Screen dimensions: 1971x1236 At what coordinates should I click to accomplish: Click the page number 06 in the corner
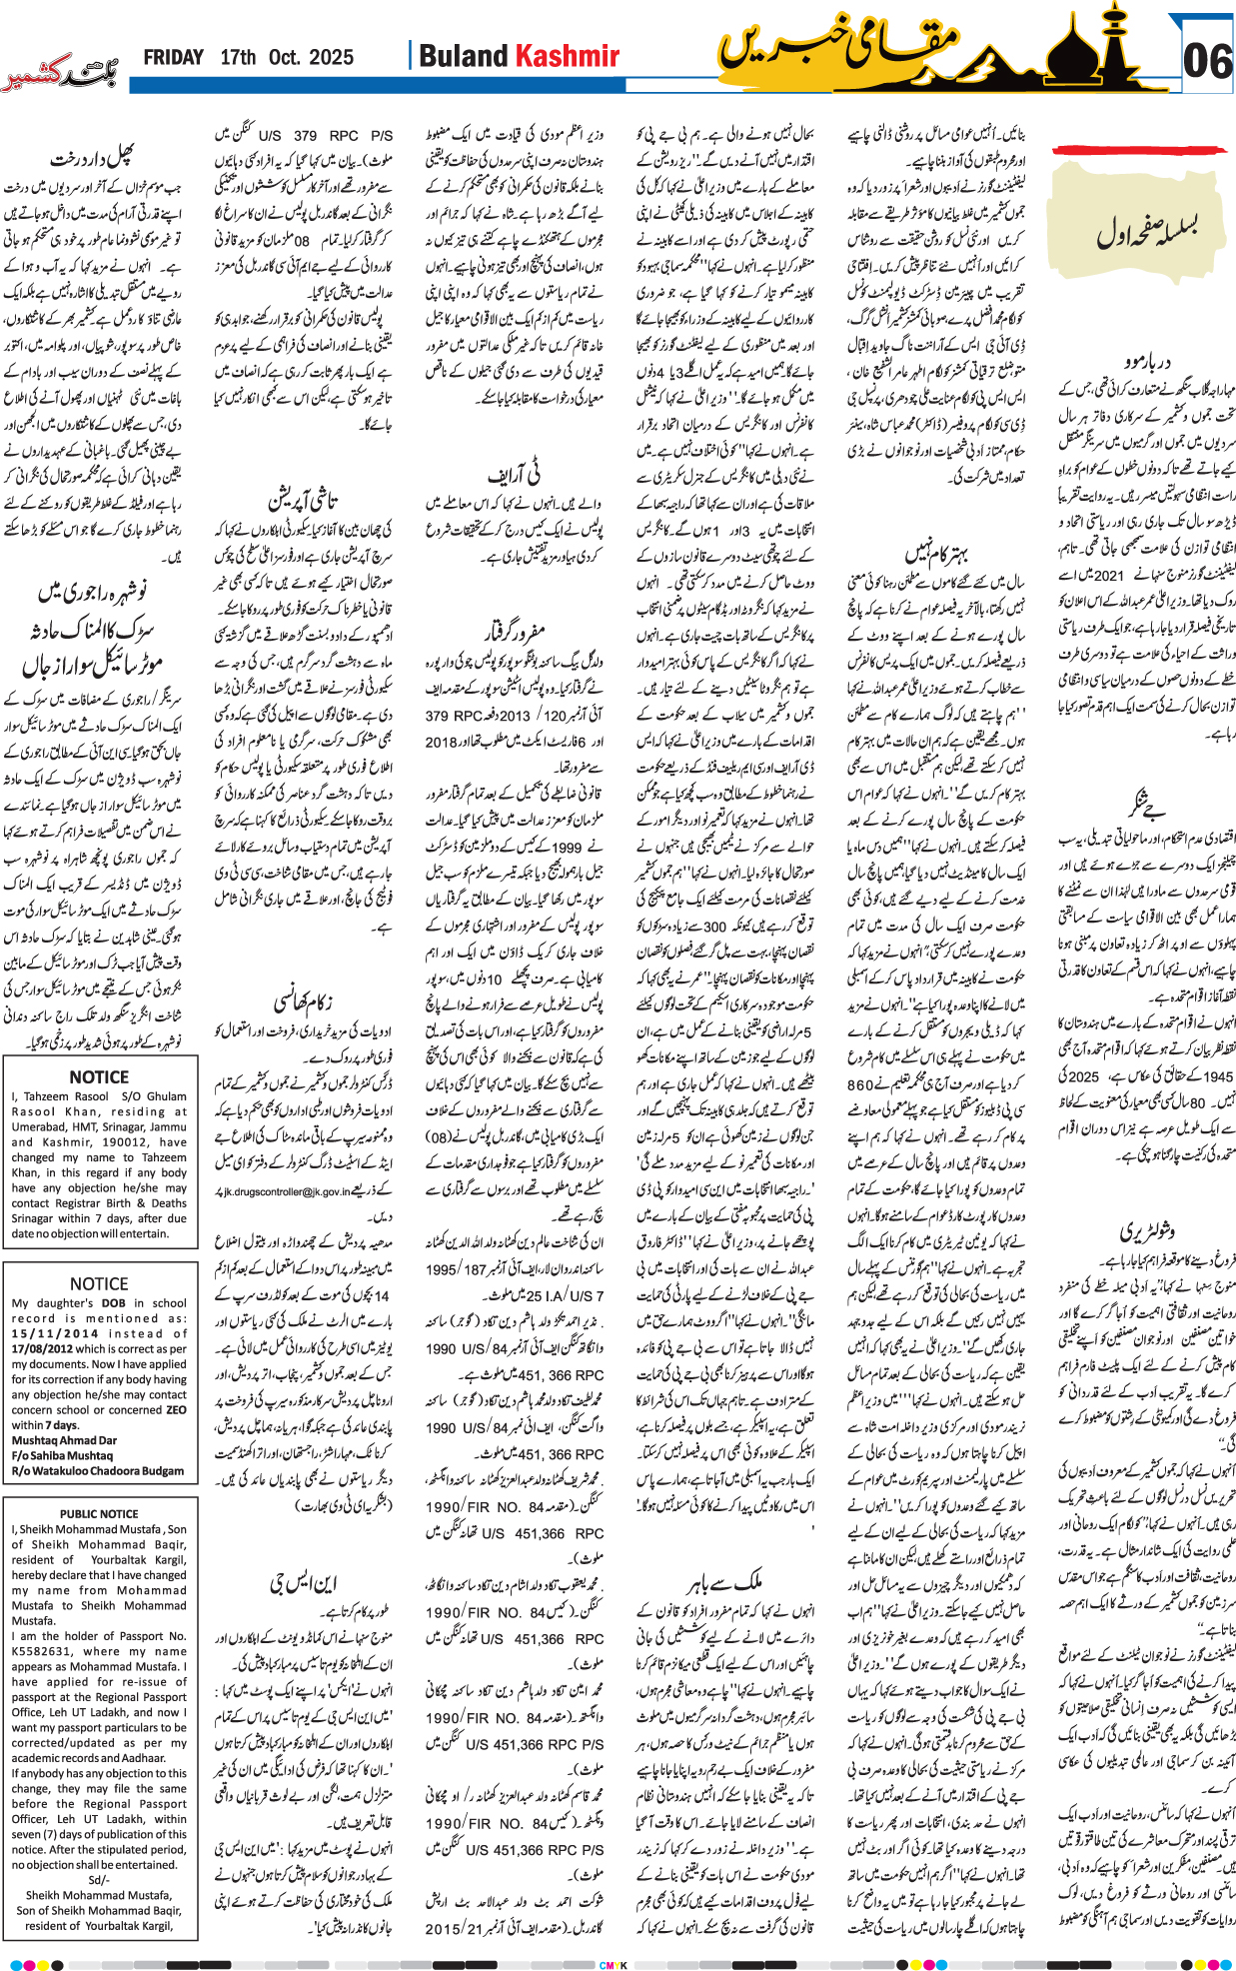point(1207,62)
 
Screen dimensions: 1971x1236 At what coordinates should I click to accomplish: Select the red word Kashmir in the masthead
point(567,57)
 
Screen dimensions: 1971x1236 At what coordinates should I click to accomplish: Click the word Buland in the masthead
point(465,57)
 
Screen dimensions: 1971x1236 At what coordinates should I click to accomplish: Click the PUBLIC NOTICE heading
point(99,1513)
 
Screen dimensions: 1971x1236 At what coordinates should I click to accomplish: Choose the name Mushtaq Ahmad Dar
point(64,1440)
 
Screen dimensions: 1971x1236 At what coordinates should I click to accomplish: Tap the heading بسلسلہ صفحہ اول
point(1147,233)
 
